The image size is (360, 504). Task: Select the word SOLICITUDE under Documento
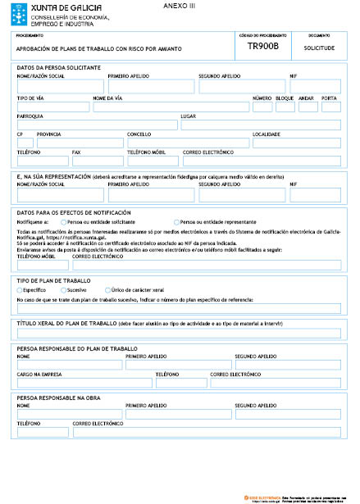[x=319, y=48]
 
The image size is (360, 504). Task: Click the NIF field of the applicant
[x=316, y=86]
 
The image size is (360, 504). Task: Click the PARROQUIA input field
[x=96, y=125]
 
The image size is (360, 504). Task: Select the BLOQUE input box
[x=285, y=107]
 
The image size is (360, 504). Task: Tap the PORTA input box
[x=330, y=107]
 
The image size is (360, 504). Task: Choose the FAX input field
[x=97, y=161]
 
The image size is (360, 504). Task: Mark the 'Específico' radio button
[x=20, y=290]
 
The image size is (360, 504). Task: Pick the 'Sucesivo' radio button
[x=63, y=290]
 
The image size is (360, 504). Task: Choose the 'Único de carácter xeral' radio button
[x=107, y=290]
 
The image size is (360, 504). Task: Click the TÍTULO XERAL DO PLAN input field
[x=179, y=333]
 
